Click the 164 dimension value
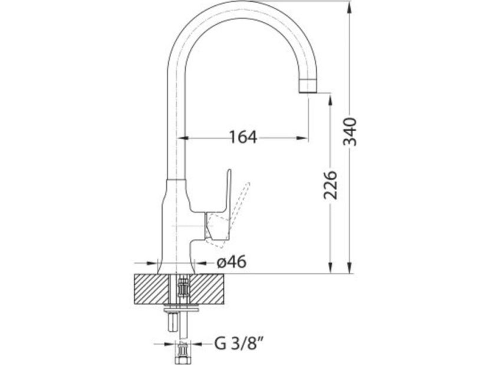pos(243,137)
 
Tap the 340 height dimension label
pos(350,131)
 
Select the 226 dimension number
pos(330,184)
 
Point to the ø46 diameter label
pos(231,263)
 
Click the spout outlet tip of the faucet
pos(308,85)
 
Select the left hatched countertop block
pos(150,289)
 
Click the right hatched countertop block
pos(207,289)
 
